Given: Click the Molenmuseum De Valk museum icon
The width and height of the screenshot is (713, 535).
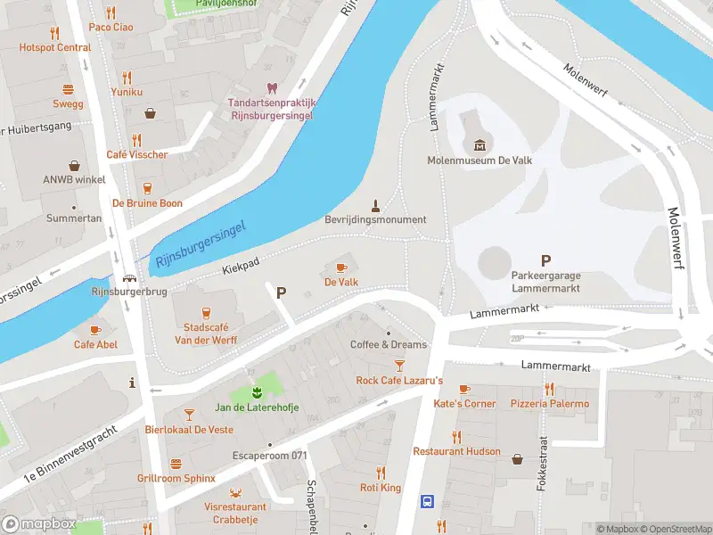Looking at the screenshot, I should pyautogui.click(x=480, y=144).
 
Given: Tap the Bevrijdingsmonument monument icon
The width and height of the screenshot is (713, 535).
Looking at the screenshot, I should pyautogui.click(x=375, y=204).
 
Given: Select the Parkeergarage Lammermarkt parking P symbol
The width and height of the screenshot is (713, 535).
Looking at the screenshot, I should pyautogui.click(x=545, y=236).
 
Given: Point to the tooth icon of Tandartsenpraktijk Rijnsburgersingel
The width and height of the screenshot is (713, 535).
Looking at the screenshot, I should pyautogui.click(x=272, y=87).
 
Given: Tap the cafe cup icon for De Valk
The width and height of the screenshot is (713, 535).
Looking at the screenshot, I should pyautogui.click(x=340, y=267).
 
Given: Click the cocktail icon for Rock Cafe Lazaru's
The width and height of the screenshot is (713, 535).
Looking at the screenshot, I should pyautogui.click(x=399, y=366).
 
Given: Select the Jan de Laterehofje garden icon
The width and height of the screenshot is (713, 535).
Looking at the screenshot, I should pyautogui.click(x=257, y=392).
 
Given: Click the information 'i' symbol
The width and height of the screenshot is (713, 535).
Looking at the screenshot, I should pyautogui.click(x=132, y=383).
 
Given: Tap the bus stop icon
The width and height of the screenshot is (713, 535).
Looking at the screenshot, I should pyautogui.click(x=427, y=501).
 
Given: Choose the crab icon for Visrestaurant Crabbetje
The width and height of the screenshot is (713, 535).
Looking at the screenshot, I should pyautogui.click(x=235, y=492).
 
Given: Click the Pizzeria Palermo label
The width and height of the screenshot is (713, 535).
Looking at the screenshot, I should pyautogui.click(x=550, y=404).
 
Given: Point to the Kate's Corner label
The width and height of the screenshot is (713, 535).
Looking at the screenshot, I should pyautogui.click(x=464, y=404).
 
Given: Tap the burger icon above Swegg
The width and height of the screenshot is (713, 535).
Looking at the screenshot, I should pyautogui.click(x=68, y=89).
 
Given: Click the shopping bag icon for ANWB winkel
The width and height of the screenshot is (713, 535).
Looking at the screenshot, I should pyautogui.click(x=74, y=165).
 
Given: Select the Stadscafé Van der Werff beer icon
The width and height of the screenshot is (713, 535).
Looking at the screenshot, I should pyautogui.click(x=206, y=312).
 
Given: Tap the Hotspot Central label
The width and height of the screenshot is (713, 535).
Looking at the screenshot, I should pyautogui.click(x=55, y=47).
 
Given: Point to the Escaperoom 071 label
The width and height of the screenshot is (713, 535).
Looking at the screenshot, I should pyautogui.click(x=271, y=457).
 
